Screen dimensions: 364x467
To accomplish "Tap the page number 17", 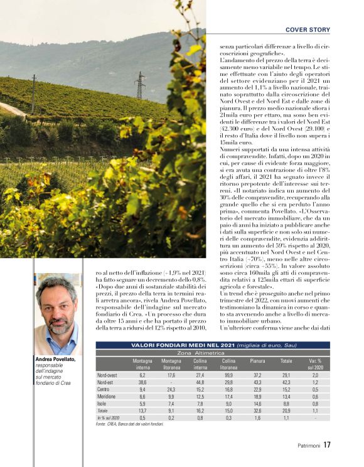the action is pyautogui.click(x=327, y=446).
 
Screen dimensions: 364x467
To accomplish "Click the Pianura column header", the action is pyautogui.click(x=257, y=362).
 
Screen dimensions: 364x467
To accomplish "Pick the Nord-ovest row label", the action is pyautogui.click(x=107, y=375).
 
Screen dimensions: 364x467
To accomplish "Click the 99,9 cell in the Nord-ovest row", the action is pyautogui.click(x=229, y=375).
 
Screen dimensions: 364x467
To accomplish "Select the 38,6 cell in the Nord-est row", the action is pyautogui.click(x=142, y=382).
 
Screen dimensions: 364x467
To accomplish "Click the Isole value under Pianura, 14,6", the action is pyautogui.click(x=257, y=404).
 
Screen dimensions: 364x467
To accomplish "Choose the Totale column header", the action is pyautogui.click(x=286, y=362).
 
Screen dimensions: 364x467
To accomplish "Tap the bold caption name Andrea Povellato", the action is pyautogui.click(x=56, y=359).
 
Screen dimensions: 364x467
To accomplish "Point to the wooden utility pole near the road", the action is pyautogui.click(x=33, y=94).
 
